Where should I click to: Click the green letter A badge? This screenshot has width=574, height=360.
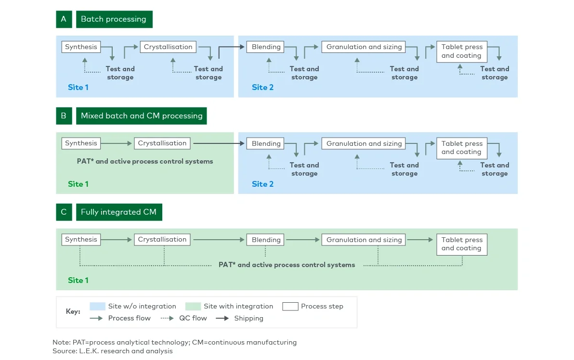[64, 19]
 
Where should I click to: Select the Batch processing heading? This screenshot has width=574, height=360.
[114, 19]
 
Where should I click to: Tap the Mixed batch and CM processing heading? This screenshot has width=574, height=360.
[141, 116]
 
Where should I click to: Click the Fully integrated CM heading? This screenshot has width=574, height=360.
[118, 212]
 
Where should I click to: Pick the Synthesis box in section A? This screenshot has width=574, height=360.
[81, 47]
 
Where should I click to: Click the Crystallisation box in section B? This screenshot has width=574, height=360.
[162, 143]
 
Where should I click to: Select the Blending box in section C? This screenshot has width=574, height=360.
[266, 240]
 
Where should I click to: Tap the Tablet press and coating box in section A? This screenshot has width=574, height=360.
[462, 51]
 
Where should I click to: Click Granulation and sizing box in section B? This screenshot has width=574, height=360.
[364, 143]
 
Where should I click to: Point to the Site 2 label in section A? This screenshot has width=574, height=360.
[262, 87]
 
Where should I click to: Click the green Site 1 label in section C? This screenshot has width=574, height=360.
[78, 280]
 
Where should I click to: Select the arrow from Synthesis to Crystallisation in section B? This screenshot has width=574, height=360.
[117, 143]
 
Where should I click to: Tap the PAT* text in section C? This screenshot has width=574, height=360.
[287, 265]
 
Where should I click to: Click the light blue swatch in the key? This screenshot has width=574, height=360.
[97, 307]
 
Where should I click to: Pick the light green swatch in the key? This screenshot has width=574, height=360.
[193, 307]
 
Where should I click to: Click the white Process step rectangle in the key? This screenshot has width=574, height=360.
[290, 307]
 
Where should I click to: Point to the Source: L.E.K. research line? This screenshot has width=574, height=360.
[112, 351]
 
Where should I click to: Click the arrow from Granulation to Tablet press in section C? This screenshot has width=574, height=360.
[420, 240]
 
